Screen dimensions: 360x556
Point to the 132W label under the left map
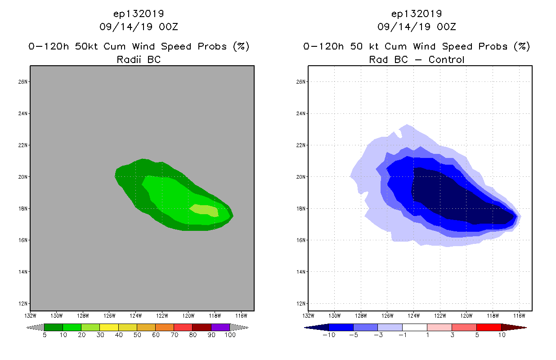tap(30, 315)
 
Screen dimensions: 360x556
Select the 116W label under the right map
tap(519, 315)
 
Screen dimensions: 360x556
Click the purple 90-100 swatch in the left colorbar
tap(220, 327)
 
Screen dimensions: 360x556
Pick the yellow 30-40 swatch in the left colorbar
tap(109, 327)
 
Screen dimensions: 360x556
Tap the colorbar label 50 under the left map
tap(137, 335)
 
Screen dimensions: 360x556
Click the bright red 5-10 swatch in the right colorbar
tap(489, 327)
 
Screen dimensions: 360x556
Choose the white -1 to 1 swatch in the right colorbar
tap(414, 327)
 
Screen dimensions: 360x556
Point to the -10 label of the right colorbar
tap(328, 335)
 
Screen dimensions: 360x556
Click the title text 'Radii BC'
tap(139, 59)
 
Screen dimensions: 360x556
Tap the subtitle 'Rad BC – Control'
tap(417, 59)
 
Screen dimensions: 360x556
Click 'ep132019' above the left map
tap(139, 13)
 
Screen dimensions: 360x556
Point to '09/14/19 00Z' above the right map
tap(417, 27)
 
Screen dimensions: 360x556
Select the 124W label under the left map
tap(136, 315)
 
